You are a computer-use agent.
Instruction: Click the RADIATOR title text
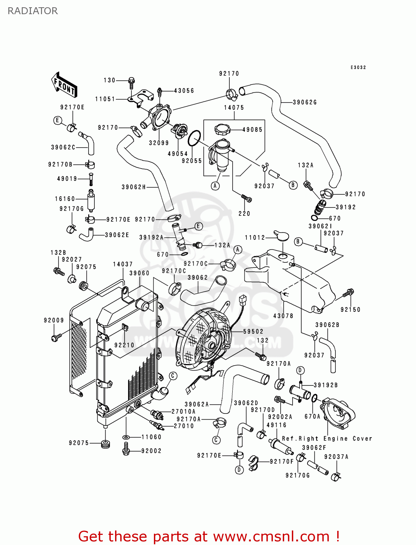tap(33, 11)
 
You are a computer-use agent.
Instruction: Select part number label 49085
tap(252, 130)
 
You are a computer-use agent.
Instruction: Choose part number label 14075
tap(234, 108)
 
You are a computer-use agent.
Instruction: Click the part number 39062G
tap(305, 102)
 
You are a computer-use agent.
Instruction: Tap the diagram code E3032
tap(358, 68)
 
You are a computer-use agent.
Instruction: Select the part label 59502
tap(253, 331)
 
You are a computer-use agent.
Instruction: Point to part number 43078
tap(283, 316)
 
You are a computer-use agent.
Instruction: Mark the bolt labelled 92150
tap(348, 292)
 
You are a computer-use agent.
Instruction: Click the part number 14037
tap(123, 264)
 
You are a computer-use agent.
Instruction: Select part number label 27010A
tap(183, 412)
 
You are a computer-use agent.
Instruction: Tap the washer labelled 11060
tap(126, 437)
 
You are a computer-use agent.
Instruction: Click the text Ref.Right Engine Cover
tap(327, 439)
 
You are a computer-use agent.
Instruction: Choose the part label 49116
tap(276, 425)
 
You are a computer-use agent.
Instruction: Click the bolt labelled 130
tap(131, 81)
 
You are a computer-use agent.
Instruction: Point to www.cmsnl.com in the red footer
tap(271, 537)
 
